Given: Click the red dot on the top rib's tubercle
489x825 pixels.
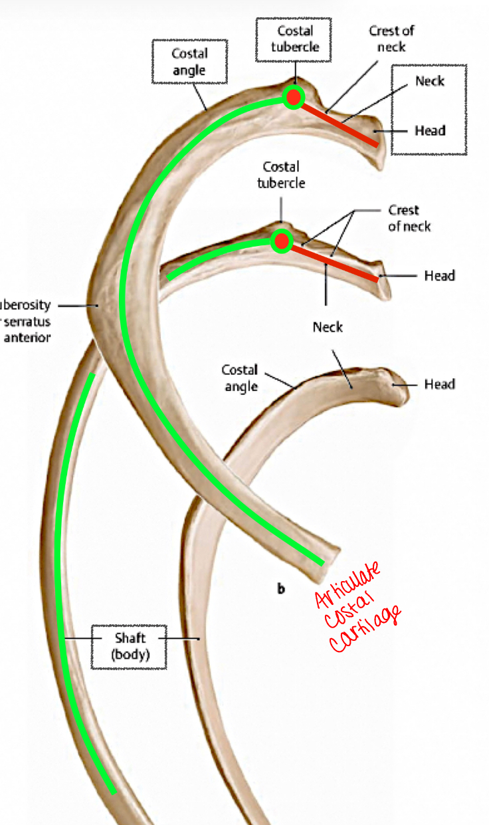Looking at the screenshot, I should pos(293,97).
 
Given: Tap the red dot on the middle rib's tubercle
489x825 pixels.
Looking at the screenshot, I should pos(282,241).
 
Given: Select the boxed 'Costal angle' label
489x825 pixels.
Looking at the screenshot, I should pos(189,61).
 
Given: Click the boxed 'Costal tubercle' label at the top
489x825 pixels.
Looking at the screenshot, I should pos(295,39).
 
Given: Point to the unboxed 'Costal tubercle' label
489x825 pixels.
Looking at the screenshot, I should pos(281,174).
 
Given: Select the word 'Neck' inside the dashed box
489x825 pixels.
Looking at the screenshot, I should pos(429,81).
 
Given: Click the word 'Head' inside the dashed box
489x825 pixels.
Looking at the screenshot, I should pos(430,130).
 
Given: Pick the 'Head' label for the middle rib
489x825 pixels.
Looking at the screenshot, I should pos(439,275).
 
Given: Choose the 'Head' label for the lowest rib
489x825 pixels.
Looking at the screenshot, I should pos(439,384).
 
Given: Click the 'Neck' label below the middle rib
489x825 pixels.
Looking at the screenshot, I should pos(328,327).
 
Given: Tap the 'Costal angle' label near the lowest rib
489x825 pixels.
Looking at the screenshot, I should pos(240,377).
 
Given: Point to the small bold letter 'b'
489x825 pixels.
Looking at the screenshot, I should pos(281,588).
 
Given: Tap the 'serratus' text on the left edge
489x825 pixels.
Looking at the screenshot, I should pos(28,321).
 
